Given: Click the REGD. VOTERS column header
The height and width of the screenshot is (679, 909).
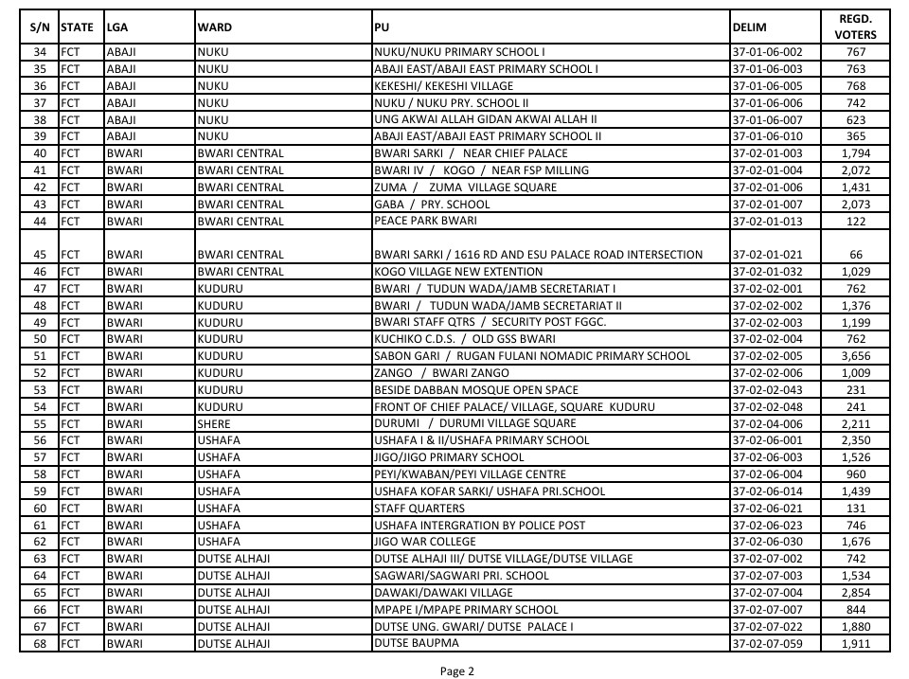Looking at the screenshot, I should point(855,27).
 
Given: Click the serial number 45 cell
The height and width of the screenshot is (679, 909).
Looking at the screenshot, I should point(40,255).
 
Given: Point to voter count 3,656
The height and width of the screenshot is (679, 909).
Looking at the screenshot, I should point(855,356).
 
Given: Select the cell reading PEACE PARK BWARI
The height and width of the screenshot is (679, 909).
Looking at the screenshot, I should point(425,221).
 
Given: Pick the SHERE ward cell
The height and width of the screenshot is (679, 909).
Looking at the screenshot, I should point(215,423).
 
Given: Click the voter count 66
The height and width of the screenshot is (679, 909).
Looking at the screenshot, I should point(856,255).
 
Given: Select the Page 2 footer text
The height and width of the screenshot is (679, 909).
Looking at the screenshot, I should point(456,671).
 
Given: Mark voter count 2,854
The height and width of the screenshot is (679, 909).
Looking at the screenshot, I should point(855,593).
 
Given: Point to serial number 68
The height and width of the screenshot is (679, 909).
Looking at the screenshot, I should point(40,644).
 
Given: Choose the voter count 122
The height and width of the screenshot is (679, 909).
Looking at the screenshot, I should point(856,222).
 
